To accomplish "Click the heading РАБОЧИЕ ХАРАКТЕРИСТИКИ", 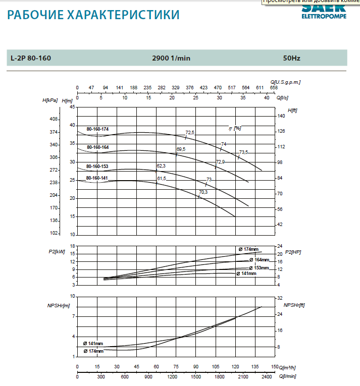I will click(x=93, y=15).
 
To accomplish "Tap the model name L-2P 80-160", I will click(x=30, y=58).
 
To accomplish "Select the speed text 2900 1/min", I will click(x=171, y=58).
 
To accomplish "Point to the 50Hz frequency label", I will click(x=292, y=58).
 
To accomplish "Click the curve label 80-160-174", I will click(x=97, y=129).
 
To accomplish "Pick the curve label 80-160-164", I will click(x=97, y=147).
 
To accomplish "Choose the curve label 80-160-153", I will click(x=97, y=166).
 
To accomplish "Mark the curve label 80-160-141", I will click(x=97, y=178).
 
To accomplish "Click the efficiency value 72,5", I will click(x=190, y=132).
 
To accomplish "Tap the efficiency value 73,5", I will click(x=244, y=152).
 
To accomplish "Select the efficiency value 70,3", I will click(x=203, y=192).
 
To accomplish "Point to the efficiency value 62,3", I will click(x=162, y=166).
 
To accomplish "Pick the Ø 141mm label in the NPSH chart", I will click(x=93, y=344).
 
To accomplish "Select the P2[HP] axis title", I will click(x=293, y=251).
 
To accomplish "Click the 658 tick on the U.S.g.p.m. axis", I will click(x=274, y=88).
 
